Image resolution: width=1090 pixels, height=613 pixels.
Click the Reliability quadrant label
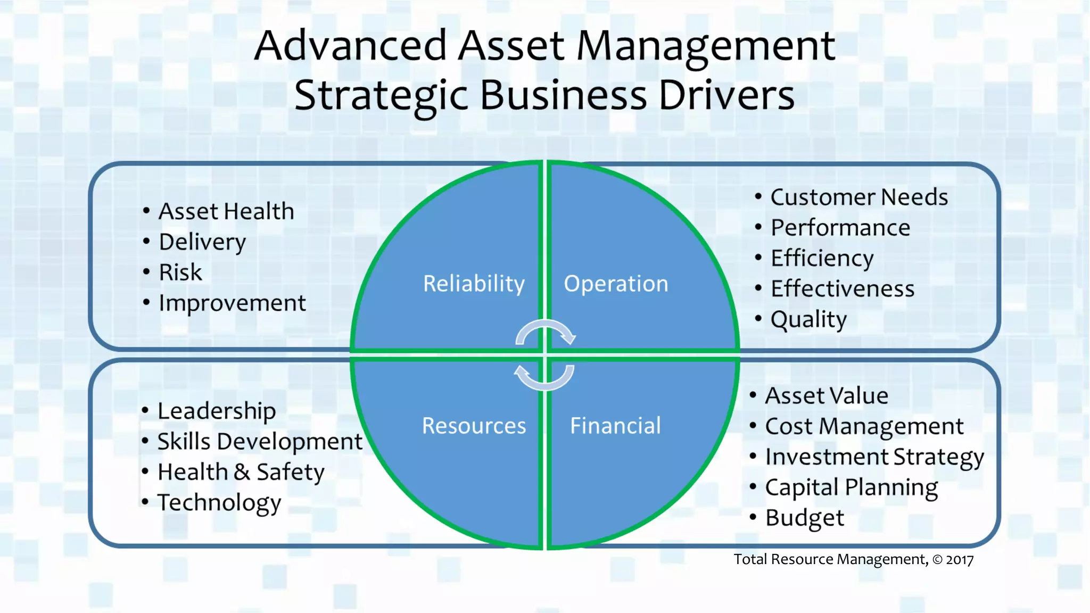tap(474, 284)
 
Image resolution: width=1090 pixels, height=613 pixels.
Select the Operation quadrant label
tap(616, 284)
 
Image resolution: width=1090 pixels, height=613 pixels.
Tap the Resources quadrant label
tap(474, 426)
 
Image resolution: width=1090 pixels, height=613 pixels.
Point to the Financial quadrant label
tap(615, 426)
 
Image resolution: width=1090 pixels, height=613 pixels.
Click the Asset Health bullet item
tap(226, 211)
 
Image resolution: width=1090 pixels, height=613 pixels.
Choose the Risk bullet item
tap(180, 272)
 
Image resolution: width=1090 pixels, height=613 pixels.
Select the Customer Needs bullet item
tap(859, 197)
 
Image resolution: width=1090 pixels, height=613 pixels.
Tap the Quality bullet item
tap(808, 319)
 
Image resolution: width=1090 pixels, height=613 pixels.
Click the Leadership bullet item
tap(217, 411)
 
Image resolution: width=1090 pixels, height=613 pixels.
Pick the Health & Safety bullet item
tap(241, 472)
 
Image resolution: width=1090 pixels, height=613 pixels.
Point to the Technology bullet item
tap(219, 502)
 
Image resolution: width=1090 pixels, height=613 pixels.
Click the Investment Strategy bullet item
tap(874, 457)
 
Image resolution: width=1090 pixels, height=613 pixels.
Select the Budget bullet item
tap(804, 518)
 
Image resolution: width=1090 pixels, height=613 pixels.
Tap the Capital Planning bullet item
tap(851, 487)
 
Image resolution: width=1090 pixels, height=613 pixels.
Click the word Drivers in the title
tap(726, 95)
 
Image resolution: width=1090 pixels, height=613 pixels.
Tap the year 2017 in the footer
tap(960, 560)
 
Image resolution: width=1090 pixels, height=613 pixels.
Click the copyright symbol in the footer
tap(937, 560)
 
